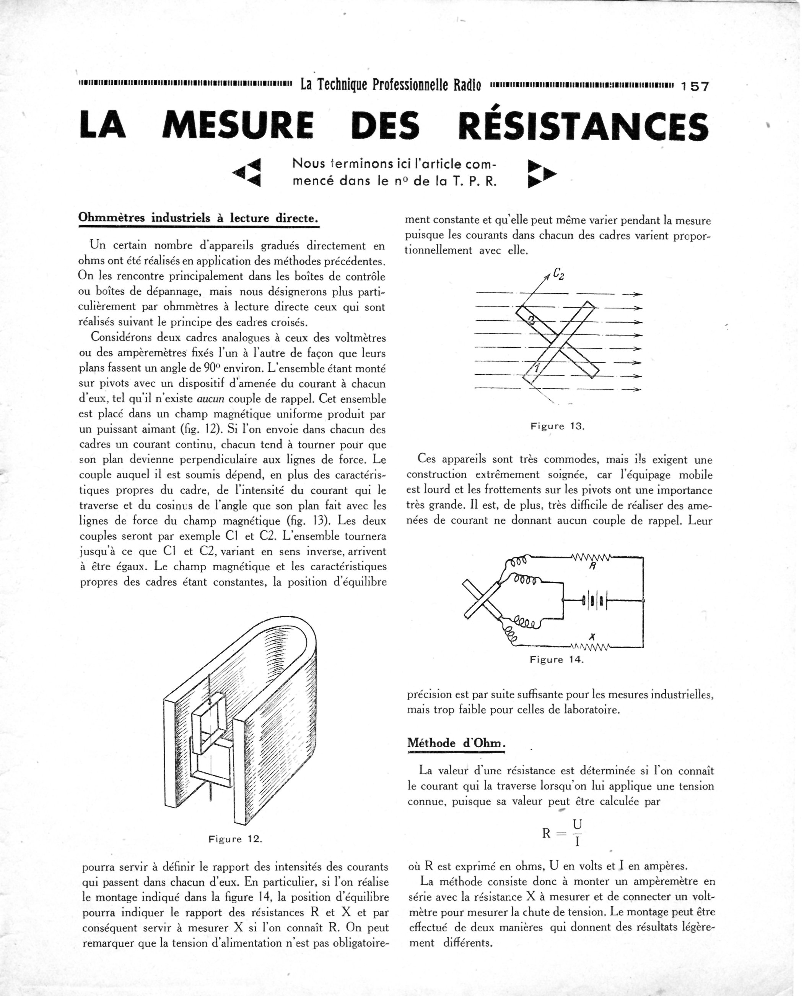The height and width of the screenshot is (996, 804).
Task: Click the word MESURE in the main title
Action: pos(238,125)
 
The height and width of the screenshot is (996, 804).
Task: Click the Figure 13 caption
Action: pos(558,426)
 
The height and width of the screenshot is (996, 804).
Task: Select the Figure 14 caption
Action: pos(557,660)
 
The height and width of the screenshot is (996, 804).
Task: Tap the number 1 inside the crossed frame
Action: pos(536,369)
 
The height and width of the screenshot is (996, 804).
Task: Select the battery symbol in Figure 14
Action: pos(594,602)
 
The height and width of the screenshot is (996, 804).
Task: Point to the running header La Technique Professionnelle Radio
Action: pos(391,85)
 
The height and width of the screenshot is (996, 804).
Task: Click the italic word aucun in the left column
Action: pos(211,399)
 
